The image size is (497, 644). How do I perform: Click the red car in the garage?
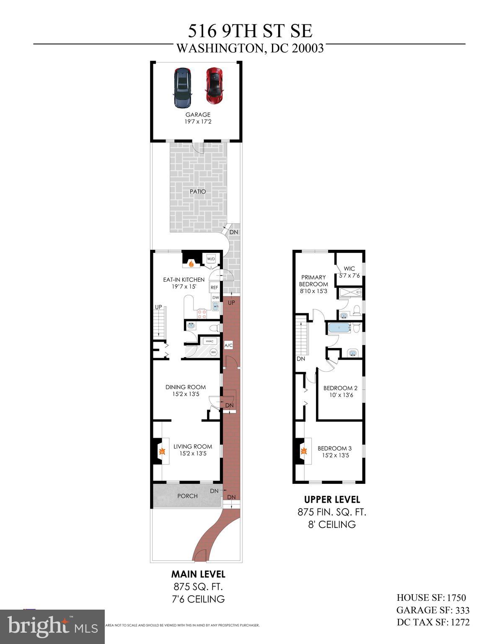coord(214,86)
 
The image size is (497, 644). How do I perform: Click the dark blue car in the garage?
coord(182,87)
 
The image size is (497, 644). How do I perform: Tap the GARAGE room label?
coord(198,114)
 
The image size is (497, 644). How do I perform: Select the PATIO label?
coord(198,192)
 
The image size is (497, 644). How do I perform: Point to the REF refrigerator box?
coord(215,288)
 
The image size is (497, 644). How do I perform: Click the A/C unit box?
coord(228,345)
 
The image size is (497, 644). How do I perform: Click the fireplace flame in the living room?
coord(162,452)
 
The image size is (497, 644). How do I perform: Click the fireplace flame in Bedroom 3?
coord(305,452)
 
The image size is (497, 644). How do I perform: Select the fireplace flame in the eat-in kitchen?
coord(192,264)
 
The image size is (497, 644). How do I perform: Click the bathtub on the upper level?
coord(339,327)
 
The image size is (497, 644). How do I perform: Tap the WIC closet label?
coord(349,269)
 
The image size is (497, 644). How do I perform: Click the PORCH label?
coord(187,496)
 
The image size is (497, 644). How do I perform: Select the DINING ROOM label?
coord(186,387)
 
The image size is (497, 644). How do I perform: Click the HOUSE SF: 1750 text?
coord(431,598)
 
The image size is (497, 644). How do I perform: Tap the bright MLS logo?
coord(52,626)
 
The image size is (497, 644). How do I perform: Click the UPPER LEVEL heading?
coord(332,500)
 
